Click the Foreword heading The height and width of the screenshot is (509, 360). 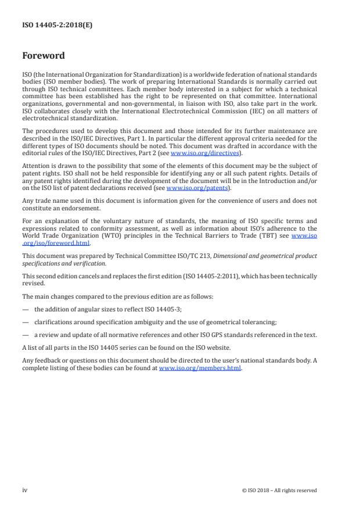pyautogui.click(x=44, y=56)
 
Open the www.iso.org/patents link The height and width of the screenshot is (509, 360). pyautogui.click(x=190, y=188)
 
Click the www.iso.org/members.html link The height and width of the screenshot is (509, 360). pyautogui.click(x=200, y=368)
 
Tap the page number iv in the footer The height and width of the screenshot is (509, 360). pyautogui.click(x=25, y=490)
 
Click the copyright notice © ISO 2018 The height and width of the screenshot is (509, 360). pyautogui.click(x=279, y=490)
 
